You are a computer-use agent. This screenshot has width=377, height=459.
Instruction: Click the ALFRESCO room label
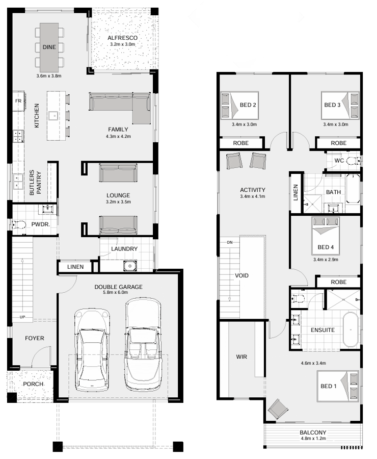coord(122,38)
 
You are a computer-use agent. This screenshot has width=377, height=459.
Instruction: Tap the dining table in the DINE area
coord(49,47)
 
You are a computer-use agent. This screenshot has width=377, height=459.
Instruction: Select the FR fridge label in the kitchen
coord(18,100)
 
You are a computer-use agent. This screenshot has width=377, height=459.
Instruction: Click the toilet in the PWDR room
coord(19,225)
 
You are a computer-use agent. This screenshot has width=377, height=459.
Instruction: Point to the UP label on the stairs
coord(22,317)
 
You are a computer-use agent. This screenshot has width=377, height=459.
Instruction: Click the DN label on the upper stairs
coord(230,242)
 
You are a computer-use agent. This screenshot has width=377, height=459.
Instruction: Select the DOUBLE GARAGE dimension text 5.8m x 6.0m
coord(116,292)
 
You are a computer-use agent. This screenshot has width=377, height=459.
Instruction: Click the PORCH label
coord(33,384)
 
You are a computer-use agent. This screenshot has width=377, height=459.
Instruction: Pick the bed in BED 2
coord(239,106)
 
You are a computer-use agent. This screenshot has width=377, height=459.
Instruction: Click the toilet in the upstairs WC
coord(354,161)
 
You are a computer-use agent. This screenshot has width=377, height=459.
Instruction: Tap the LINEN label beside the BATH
coord(295,192)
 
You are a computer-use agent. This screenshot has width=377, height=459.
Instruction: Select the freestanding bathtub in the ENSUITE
coord(351,329)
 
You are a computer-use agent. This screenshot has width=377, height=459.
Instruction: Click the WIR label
coord(241,356)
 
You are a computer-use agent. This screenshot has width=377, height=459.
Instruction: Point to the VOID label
coord(241,275)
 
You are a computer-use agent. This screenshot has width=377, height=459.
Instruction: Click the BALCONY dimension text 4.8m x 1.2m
coord(313,438)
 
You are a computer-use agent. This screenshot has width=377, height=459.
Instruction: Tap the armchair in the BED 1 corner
coord(278,409)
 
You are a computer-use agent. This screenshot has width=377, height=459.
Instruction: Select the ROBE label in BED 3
coord(338,143)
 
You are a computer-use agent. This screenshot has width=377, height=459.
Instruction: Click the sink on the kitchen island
coord(55,116)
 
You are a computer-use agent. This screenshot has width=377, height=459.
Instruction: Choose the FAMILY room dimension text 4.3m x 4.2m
coord(118,136)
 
